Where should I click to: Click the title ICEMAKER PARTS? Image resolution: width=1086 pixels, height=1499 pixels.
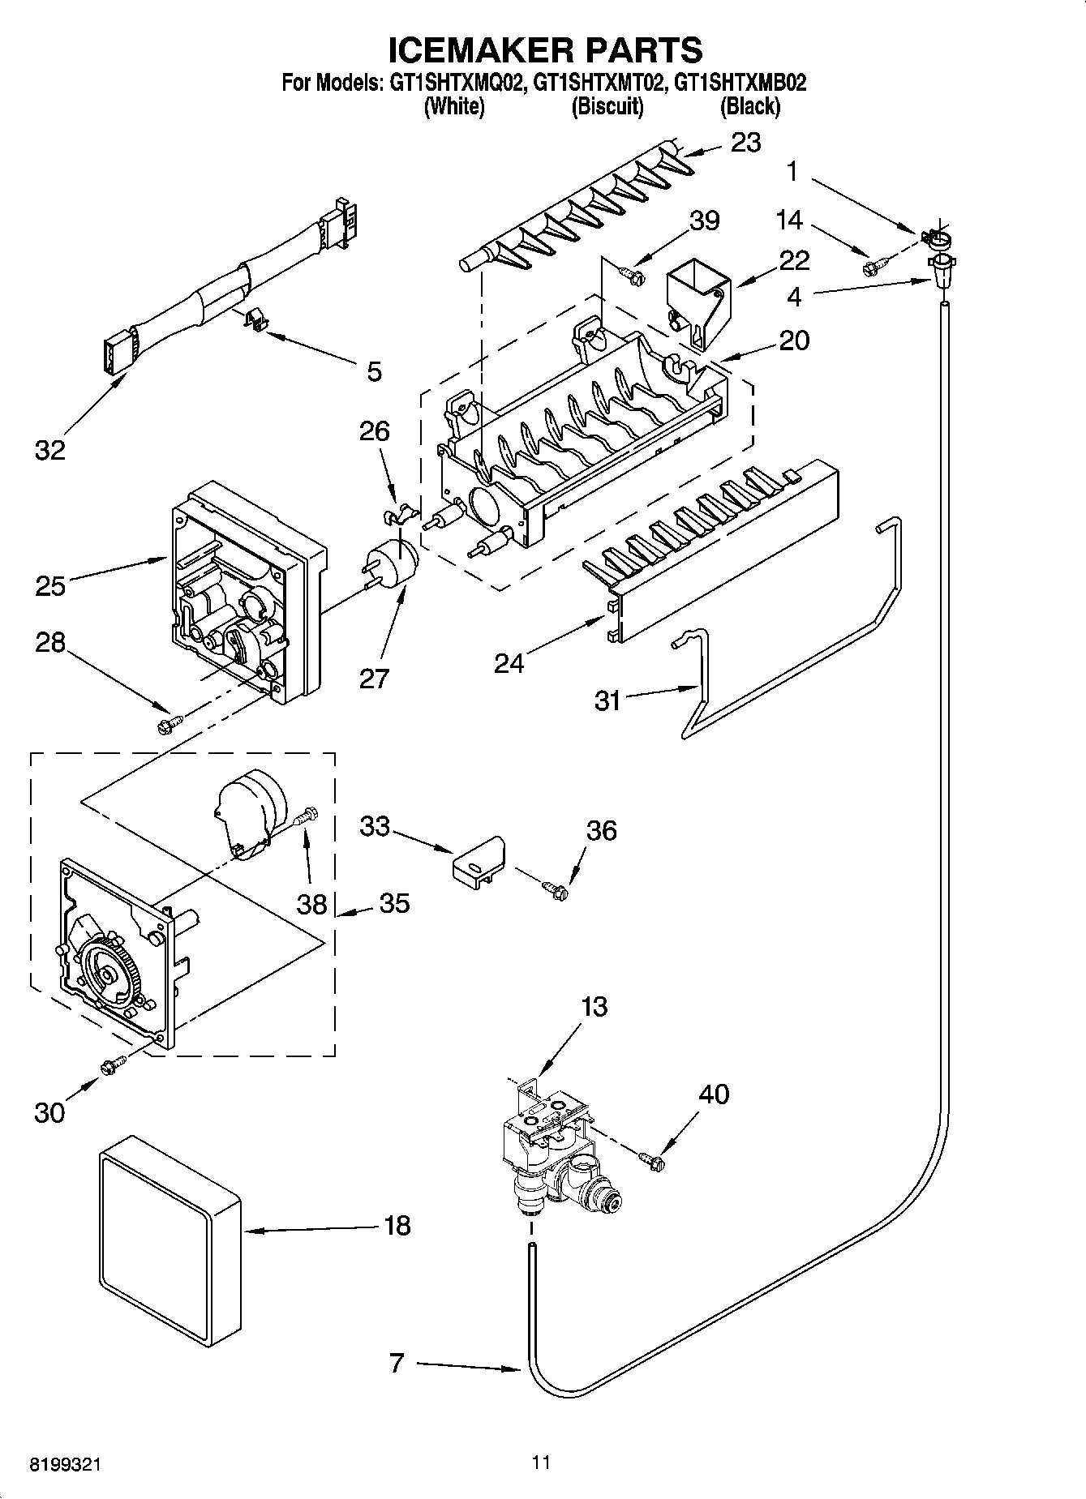(544, 49)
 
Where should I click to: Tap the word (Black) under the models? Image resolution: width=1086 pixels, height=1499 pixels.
(749, 106)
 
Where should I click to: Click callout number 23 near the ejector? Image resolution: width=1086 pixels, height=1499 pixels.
(746, 143)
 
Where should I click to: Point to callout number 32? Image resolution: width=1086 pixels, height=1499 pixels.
(49, 450)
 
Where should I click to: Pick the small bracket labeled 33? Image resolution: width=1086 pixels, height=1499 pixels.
(478, 862)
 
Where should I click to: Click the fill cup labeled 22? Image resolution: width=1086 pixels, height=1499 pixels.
(696, 304)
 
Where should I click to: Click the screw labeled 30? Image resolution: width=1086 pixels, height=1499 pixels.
(112, 1065)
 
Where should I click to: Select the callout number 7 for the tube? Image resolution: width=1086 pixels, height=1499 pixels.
(396, 1364)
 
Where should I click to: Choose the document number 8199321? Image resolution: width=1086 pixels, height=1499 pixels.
(67, 1465)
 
